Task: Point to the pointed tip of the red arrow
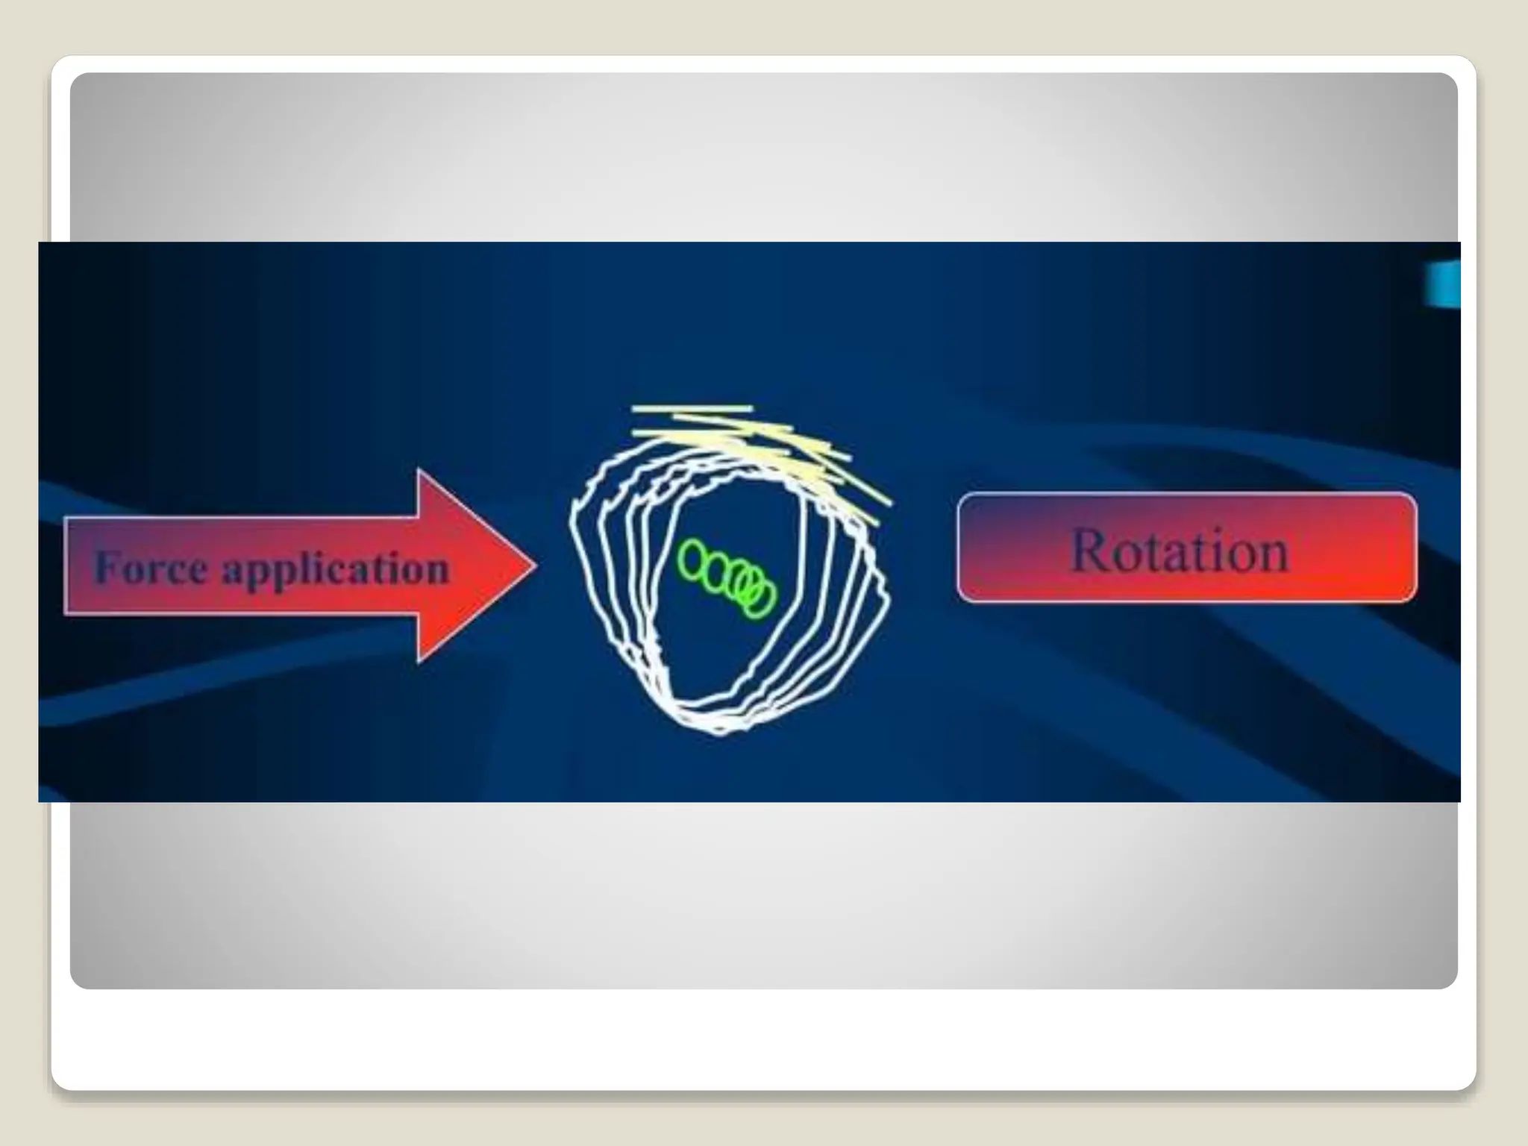point(535,565)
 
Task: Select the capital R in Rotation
point(1092,550)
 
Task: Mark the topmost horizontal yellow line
point(691,408)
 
